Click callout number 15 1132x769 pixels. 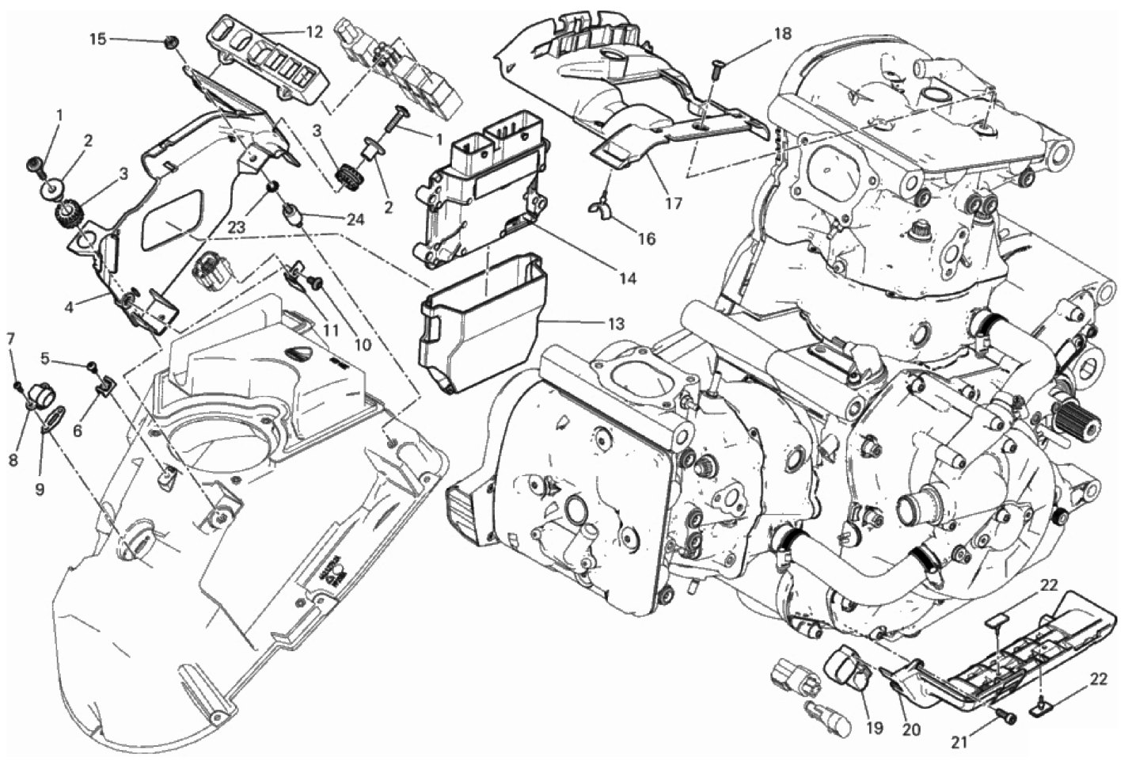99,39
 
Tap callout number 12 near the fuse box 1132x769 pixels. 313,32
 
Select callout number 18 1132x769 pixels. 782,34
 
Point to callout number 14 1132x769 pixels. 627,277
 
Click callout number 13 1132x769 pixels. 616,324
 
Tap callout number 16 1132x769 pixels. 647,238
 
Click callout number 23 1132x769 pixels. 236,228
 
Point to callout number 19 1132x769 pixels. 875,728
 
